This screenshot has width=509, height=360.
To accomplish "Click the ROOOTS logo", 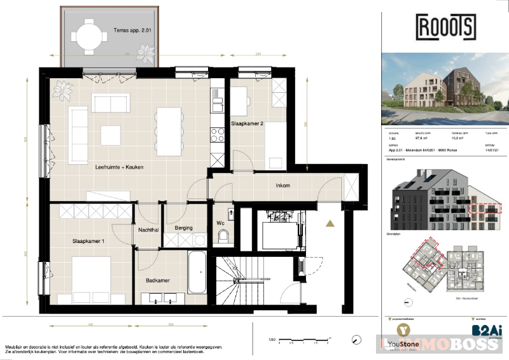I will point(445,27).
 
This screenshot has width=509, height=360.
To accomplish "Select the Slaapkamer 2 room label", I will point(247,124).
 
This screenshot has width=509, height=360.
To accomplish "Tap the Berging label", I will point(183,228).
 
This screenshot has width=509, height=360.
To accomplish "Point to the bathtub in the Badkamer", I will point(197,272).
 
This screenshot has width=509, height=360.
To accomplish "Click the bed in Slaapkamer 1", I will point(92,278).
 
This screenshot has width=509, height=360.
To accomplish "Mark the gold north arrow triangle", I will point(330,223).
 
